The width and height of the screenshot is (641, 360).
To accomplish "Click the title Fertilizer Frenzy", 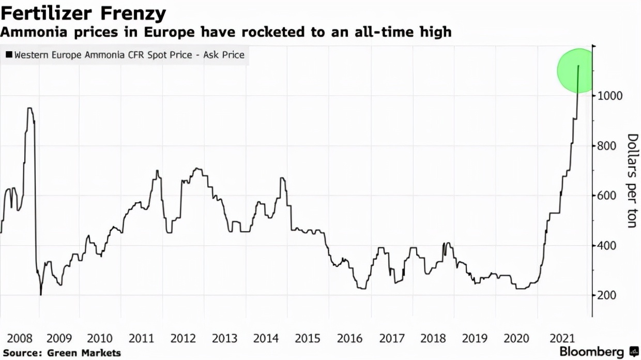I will pos(84,13).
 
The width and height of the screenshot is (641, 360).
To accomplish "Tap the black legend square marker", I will pos(9,54).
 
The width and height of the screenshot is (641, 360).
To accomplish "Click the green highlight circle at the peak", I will pos(577,71).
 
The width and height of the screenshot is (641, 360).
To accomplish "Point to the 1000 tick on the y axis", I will pos(611,96).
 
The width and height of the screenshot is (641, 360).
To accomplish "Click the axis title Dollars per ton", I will pos(632,181).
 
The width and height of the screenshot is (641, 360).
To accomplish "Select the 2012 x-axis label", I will pos(183,339).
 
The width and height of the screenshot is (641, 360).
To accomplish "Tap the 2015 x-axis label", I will pos(308,339).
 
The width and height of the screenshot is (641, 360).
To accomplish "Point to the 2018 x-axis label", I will pos(433,339).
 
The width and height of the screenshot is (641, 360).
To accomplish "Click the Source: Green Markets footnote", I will pos(61,353).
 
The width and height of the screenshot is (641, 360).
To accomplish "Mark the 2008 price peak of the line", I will pos(29,108).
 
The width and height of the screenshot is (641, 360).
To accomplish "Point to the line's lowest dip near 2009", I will pos(40,294).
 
